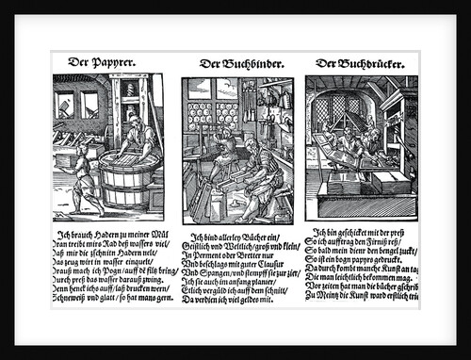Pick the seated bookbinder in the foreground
[259, 174]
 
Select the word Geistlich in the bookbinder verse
[208, 247]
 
